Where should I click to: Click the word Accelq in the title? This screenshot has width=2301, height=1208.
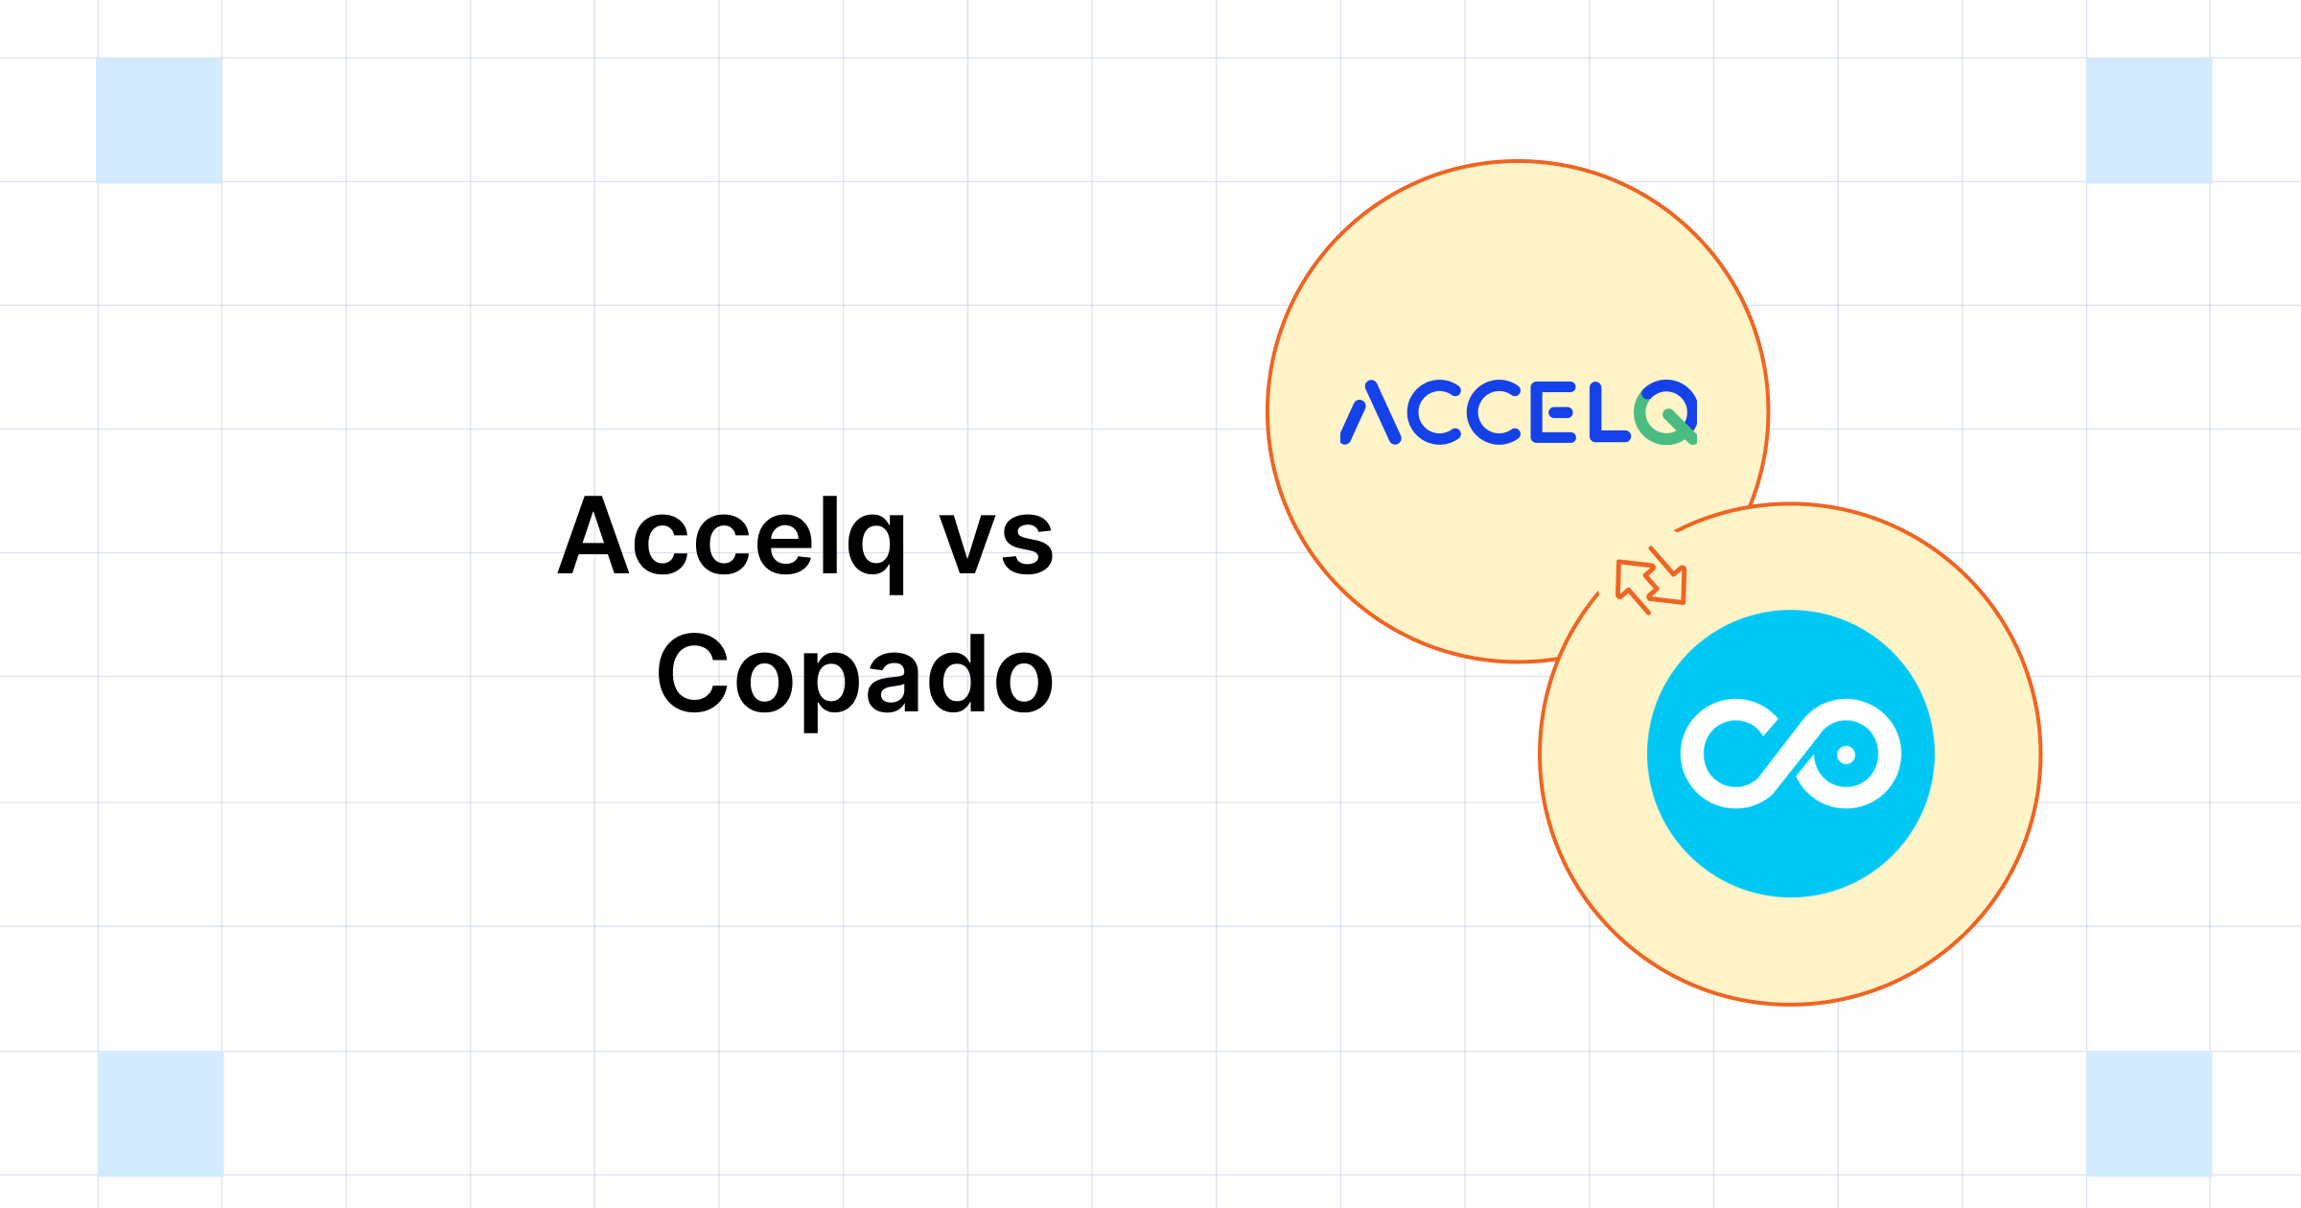pyautogui.click(x=731, y=539)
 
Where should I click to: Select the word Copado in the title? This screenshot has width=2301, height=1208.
pyautogui.click(x=854, y=676)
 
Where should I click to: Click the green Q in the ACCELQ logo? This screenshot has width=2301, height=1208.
pyautogui.click(x=1666, y=413)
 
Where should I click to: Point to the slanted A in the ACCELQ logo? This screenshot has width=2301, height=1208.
pyautogui.click(x=1370, y=413)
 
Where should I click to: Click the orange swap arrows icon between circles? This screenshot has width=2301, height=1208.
pyautogui.click(x=1651, y=581)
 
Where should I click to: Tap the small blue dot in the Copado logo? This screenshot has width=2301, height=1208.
pyautogui.click(x=1846, y=755)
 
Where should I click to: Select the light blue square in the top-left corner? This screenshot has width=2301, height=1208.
pyautogui.click(x=159, y=120)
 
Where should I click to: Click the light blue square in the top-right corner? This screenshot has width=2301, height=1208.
pyautogui.click(x=2149, y=120)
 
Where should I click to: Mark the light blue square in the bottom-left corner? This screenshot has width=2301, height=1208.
pyautogui.click(x=160, y=1113)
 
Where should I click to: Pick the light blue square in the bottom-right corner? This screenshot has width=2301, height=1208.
pyautogui.click(x=2149, y=1113)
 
